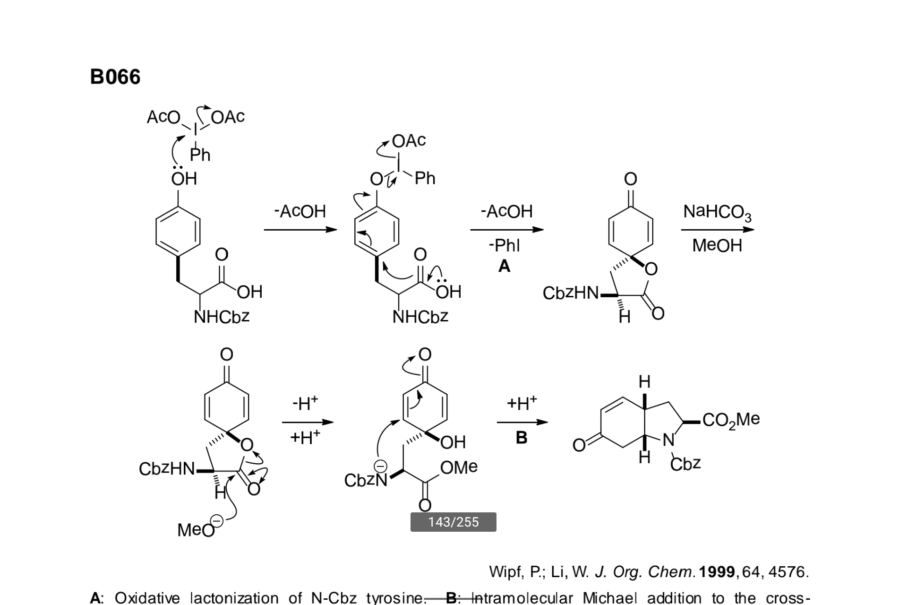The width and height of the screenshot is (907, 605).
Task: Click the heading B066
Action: click(x=115, y=77)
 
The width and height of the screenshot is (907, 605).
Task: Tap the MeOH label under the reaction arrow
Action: click(x=717, y=246)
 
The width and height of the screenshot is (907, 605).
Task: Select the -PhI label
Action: click(x=505, y=245)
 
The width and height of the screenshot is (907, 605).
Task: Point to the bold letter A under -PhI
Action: click(x=505, y=267)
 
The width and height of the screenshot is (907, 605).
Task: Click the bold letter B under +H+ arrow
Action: click(x=522, y=438)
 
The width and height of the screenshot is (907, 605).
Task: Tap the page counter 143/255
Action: click(x=453, y=522)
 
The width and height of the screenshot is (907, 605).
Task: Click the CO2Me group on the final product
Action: click(x=731, y=420)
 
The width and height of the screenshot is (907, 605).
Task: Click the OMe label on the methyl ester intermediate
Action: click(x=459, y=467)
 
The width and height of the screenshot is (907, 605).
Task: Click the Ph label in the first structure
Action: click(x=200, y=155)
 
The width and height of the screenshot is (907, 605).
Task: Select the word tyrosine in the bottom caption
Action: click(x=395, y=598)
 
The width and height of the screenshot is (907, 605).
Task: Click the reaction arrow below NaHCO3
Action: click(x=718, y=230)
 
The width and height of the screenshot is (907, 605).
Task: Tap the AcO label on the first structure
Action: click(x=163, y=117)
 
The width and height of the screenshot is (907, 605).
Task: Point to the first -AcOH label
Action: click(x=300, y=211)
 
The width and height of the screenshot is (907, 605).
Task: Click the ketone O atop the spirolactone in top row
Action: click(x=631, y=179)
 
